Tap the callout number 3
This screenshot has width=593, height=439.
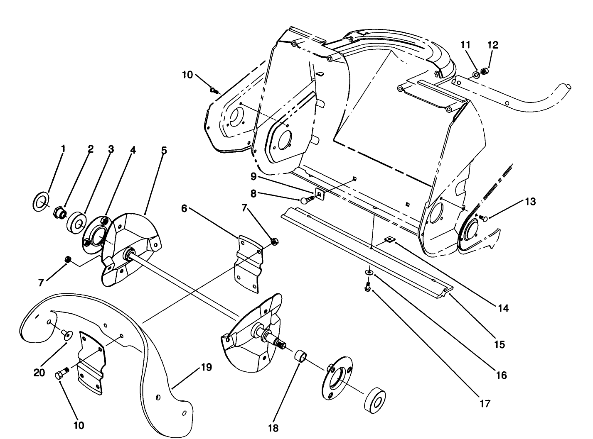[111, 149]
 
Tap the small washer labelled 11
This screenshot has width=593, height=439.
[475, 76]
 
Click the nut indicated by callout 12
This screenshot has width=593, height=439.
[484, 72]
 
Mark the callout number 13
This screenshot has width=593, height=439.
[530, 202]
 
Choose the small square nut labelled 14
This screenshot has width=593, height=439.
[389, 239]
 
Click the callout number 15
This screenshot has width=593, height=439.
[499, 344]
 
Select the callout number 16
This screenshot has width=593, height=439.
[502, 375]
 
